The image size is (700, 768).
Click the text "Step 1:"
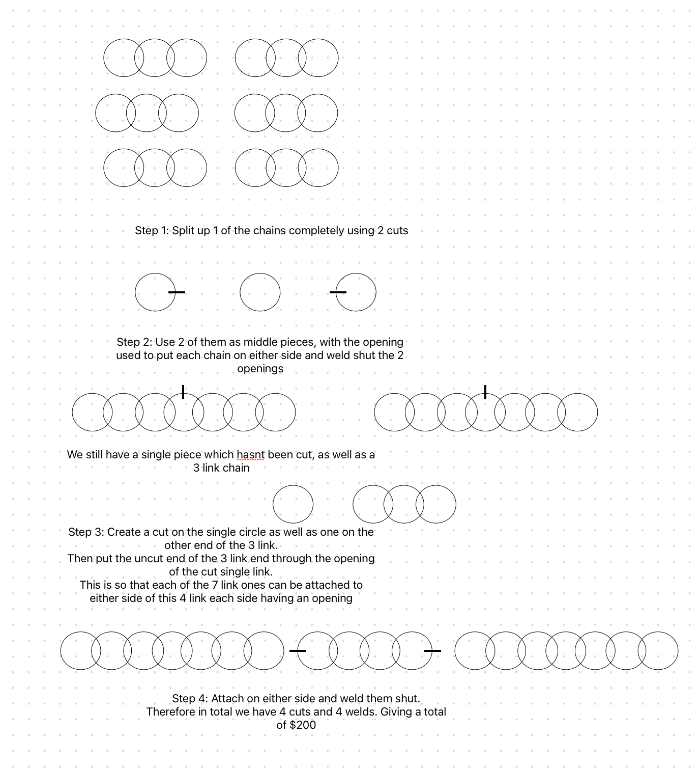(152, 231)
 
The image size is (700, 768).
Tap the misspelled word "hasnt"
(250, 455)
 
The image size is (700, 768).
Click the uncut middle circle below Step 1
(260, 292)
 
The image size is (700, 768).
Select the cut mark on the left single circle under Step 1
(177, 292)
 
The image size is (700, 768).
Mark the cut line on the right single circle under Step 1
(338, 292)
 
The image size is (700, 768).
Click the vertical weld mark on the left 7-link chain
(183, 392)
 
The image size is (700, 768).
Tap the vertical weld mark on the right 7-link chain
(485, 392)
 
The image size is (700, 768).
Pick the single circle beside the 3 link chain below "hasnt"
(293, 504)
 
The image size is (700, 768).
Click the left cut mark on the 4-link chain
(298, 651)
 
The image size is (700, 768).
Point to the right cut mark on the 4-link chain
(432, 651)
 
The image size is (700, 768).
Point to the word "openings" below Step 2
(260, 369)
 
